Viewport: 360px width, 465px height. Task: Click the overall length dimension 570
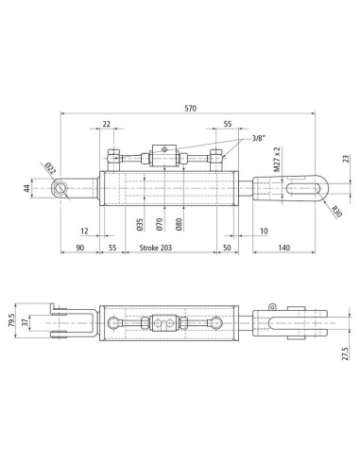click(191, 109)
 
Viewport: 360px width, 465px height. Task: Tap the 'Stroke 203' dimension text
click(156, 248)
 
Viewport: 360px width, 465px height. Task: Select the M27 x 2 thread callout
click(277, 160)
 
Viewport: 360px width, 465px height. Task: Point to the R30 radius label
click(336, 212)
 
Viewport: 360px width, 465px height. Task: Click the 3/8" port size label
click(259, 138)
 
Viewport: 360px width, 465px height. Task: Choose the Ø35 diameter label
click(140, 225)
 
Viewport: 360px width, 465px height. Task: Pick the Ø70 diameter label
click(160, 225)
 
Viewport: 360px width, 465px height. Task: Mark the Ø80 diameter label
click(179, 225)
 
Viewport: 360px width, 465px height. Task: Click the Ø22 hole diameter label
click(50, 168)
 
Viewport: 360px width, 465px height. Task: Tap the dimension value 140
click(283, 248)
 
